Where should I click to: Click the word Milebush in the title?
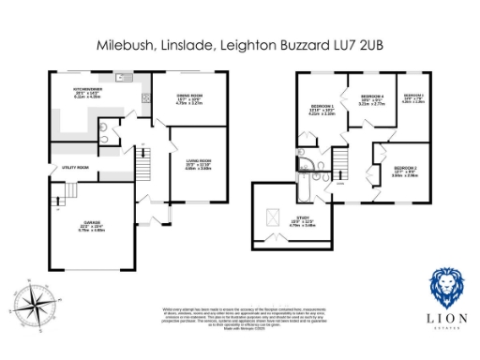tap(124, 43)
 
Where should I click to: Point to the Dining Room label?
tap(190, 97)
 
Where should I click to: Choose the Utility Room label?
tap(76, 168)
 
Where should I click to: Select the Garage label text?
tap(90, 224)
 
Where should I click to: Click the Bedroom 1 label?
tap(322, 110)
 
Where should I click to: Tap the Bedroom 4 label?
tap(372, 99)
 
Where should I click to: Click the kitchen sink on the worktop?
tap(145, 97)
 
